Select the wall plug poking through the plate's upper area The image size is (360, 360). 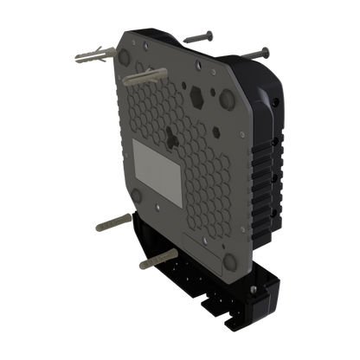[143, 78]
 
